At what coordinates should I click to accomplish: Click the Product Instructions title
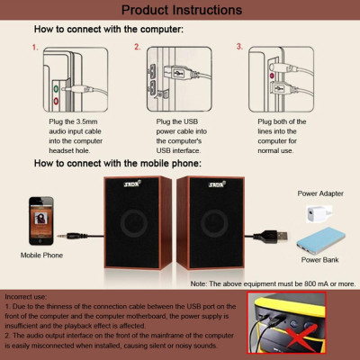point(181,10)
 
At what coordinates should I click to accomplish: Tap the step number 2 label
point(138,46)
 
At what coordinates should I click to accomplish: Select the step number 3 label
point(239,46)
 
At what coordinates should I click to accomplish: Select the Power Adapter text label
point(319,193)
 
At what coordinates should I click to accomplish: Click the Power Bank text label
point(319,261)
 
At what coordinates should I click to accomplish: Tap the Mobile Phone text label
point(41,256)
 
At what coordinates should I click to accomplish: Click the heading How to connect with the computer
point(108,30)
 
